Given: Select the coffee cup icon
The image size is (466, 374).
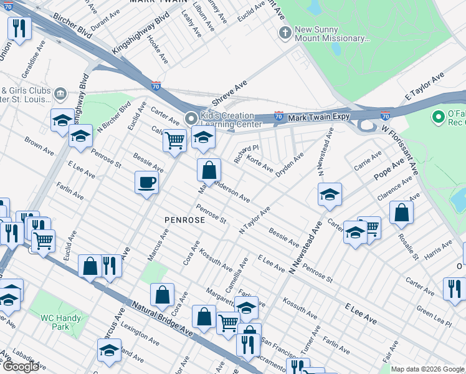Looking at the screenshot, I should click(x=146, y=183).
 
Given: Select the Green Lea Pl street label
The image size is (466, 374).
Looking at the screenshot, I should click(x=434, y=315).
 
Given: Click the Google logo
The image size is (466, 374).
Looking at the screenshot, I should click(x=21, y=367).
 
